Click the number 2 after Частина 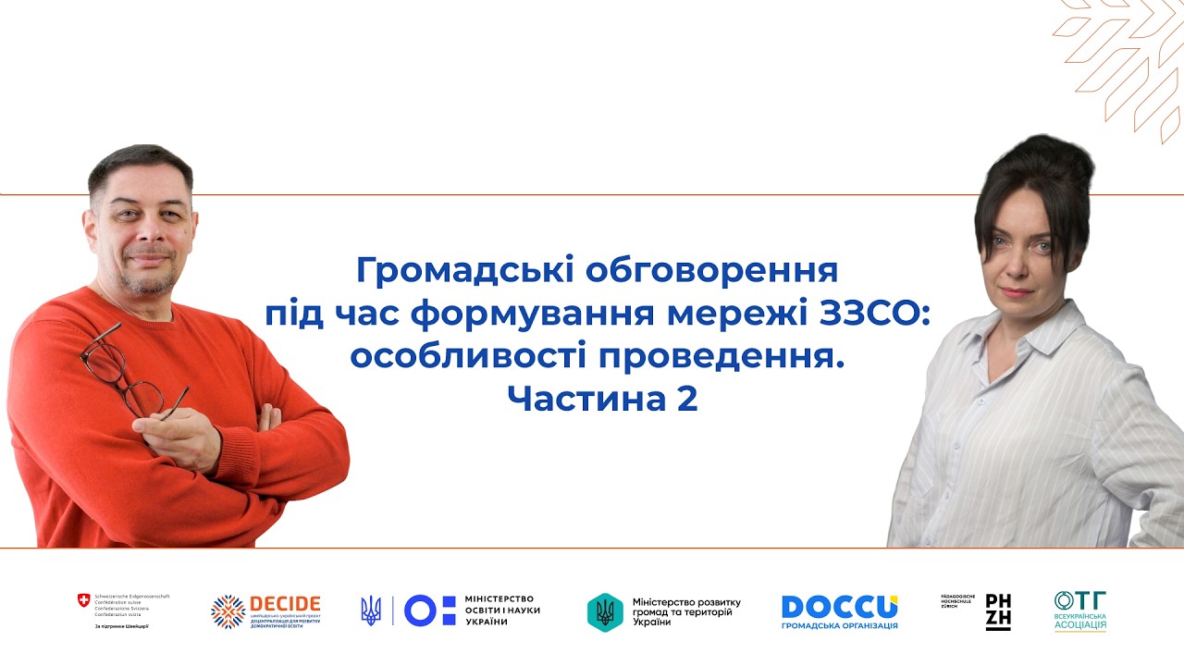click(686, 400)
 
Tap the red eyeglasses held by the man click(120, 370)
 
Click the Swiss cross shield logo click(84, 601)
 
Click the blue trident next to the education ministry click(371, 610)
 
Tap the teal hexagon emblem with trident click(605, 611)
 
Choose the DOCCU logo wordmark click(839, 607)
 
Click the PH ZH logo click(997, 611)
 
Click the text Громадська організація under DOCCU click(839, 626)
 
